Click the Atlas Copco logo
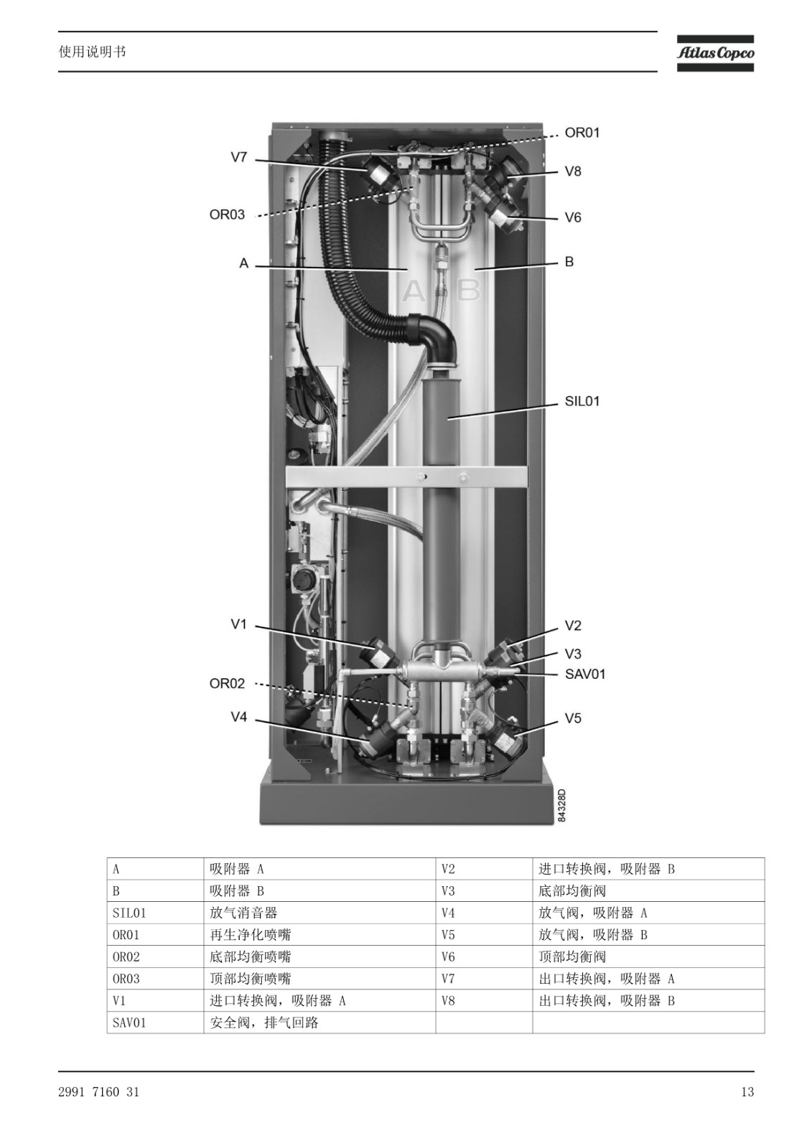[x=715, y=53]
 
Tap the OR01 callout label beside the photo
[x=582, y=133]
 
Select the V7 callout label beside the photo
[x=238, y=157]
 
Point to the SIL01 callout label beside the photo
[x=582, y=401]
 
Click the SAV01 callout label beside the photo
[x=584, y=674]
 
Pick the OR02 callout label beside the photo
[x=227, y=684]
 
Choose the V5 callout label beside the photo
[x=573, y=718]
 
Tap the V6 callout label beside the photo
[x=573, y=218]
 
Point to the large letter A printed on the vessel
[x=414, y=291]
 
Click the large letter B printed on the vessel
[x=468, y=291]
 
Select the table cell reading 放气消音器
[x=243, y=913]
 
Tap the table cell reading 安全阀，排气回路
[x=263, y=1023]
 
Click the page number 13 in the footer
[x=747, y=1092]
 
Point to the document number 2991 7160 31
[x=98, y=1092]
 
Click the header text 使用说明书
[x=92, y=52]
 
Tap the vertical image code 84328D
[x=561, y=806]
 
